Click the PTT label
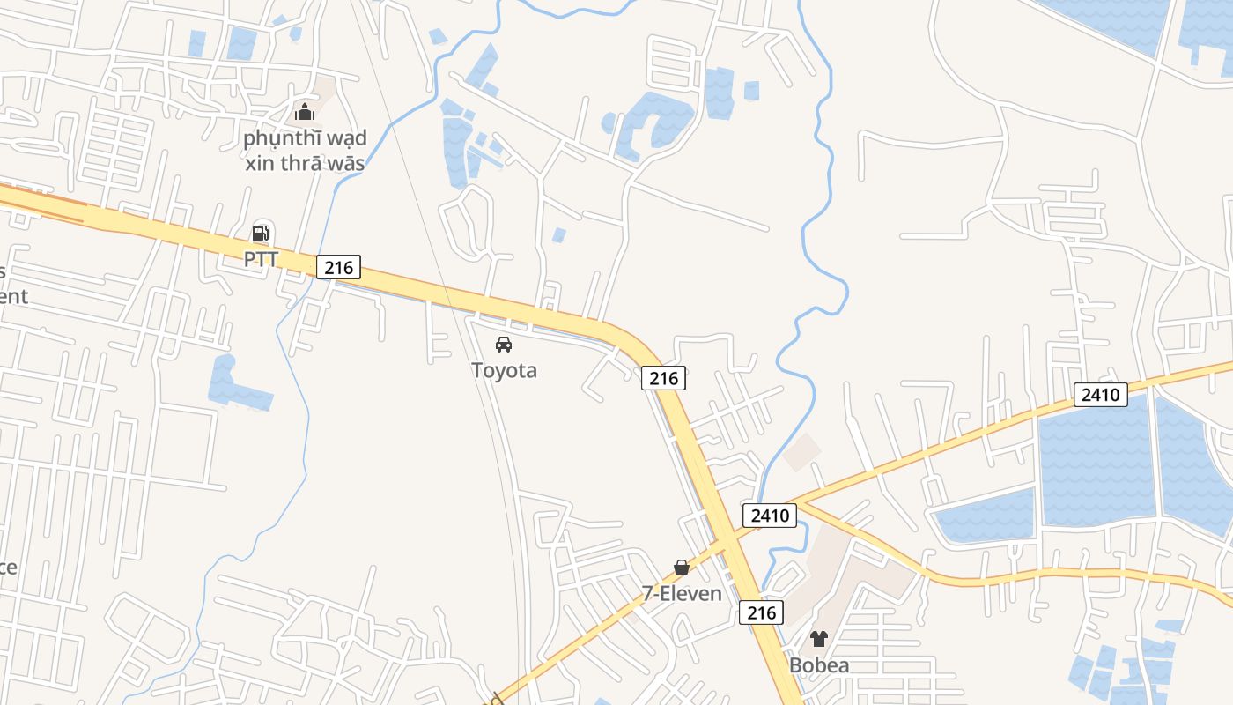[261, 259]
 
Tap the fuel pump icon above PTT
[261, 234]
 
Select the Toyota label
[504, 370]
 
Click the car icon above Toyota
[504, 345]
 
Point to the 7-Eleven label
[682, 594]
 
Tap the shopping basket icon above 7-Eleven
[682, 568]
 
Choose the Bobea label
[819, 665]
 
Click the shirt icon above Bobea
[819, 639]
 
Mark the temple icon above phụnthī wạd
[305, 112]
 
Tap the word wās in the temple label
[348, 163]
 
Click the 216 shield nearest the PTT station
[338, 267]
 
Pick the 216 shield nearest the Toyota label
[663, 378]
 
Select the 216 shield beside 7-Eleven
[760, 612]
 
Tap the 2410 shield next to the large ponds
[1100, 395]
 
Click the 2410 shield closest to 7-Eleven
[770, 515]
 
